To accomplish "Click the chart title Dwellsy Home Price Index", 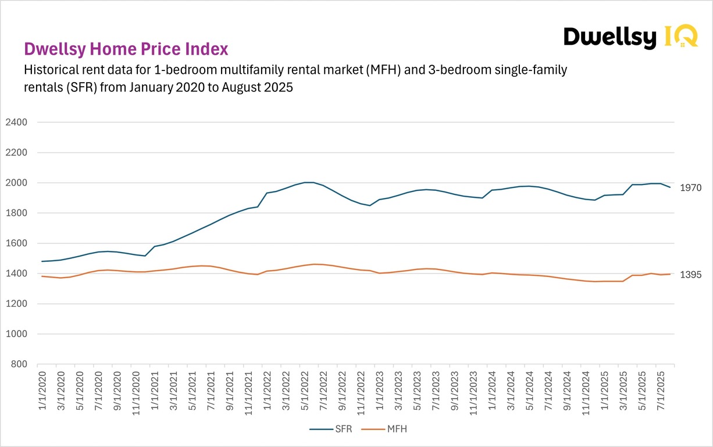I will click(126, 49).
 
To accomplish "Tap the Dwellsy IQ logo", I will click(630, 38).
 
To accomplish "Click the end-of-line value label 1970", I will click(691, 188).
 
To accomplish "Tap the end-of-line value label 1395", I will click(691, 275).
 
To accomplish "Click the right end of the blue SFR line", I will click(670, 187).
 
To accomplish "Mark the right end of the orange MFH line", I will click(670, 274).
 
